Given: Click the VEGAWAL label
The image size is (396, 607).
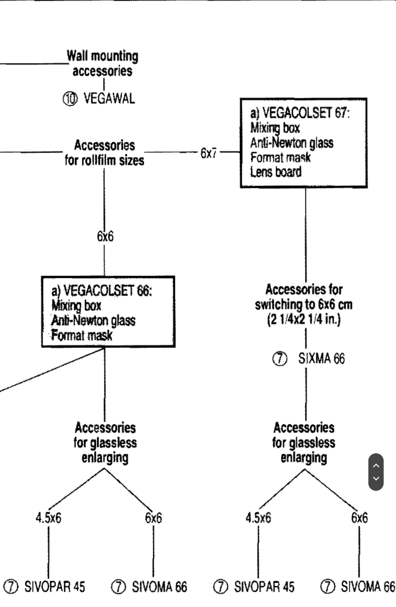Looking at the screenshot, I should tap(109, 98).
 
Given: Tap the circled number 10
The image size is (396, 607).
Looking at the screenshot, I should tap(70, 99).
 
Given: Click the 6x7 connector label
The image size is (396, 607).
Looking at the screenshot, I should tap(209, 153).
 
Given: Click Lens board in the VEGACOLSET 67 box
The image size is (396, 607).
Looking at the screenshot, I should tap(276, 172).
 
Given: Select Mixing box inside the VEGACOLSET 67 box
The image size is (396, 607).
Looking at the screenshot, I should tap(275, 128).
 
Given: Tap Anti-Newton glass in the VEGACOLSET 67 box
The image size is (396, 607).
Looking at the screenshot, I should tap(292, 142).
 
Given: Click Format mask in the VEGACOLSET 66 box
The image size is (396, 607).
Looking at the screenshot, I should tap(82, 335).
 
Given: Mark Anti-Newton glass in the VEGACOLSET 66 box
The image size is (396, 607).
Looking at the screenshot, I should tap(93, 320).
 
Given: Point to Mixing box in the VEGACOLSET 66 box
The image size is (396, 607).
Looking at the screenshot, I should tap(76, 305).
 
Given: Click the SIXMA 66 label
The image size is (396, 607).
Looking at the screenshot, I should tap(321, 359).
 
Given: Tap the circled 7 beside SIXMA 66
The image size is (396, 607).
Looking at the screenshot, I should tap(280, 359).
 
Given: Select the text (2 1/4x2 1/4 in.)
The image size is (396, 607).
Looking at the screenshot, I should tap(304, 319).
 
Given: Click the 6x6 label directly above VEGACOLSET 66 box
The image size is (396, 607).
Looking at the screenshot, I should tap(105, 236).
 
